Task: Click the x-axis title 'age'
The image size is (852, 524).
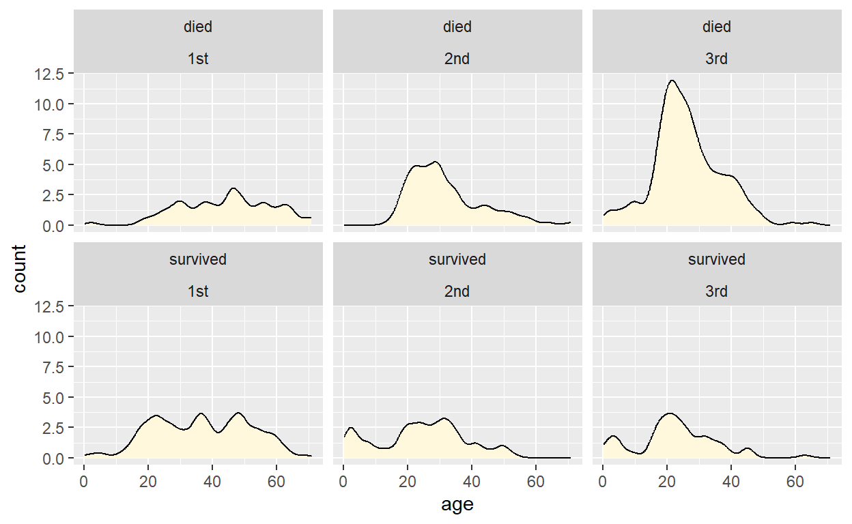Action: [x=457, y=505]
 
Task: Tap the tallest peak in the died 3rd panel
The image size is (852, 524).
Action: [x=672, y=81]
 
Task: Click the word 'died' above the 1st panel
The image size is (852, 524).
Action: [x=198, y=27]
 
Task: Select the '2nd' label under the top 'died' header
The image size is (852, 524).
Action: [x=457, y=59]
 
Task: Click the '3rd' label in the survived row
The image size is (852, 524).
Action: [x=716, y=291]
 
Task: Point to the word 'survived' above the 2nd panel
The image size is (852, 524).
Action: [x=457, y=259]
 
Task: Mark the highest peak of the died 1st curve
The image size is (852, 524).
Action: [x=233, y=188]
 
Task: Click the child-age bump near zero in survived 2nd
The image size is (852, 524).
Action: [x=350, y=428]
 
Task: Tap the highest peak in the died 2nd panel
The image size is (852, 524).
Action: [x=435, y=162]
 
